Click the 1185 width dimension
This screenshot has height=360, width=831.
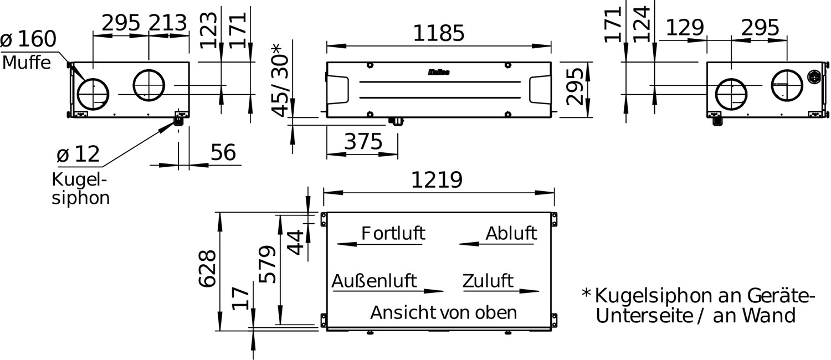click(439, 33)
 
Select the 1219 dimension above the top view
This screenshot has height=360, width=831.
click(437, 180)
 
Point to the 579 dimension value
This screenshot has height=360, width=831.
click(268, 264)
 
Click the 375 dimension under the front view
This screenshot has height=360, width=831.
click(363, 142)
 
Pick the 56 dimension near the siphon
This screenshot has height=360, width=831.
click(223, 152)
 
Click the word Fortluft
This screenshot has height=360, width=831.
click(393, 234)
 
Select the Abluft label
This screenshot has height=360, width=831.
click(511, 234)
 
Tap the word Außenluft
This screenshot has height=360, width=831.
click(374, 281)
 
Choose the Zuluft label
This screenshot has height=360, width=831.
click(488, 281)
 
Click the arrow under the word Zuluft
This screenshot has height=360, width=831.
click(501, 291)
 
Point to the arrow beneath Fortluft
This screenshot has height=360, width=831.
click(379, 244)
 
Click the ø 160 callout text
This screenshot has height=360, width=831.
click(29, 39)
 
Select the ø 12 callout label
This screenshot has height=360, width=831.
click(78, 154)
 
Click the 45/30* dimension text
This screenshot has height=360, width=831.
click(280, 80)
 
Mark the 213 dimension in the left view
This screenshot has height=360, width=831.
click(168, 23)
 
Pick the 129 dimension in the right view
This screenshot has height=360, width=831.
click(685, 28)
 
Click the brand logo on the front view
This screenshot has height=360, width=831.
click(439, 73)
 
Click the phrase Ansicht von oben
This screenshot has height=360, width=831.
click(444, 312)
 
